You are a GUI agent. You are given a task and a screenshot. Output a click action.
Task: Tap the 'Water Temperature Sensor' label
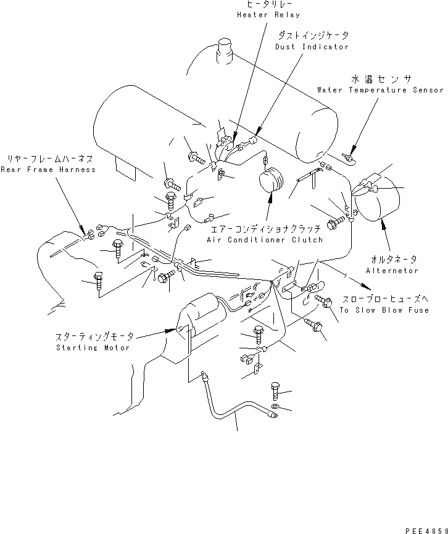coord(380,90)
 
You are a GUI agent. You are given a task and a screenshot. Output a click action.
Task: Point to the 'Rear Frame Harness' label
coord(48,170)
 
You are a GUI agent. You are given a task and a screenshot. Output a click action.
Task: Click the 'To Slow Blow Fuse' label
coord(384,310)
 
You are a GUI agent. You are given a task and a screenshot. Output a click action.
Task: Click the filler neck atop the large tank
coord(224,50)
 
